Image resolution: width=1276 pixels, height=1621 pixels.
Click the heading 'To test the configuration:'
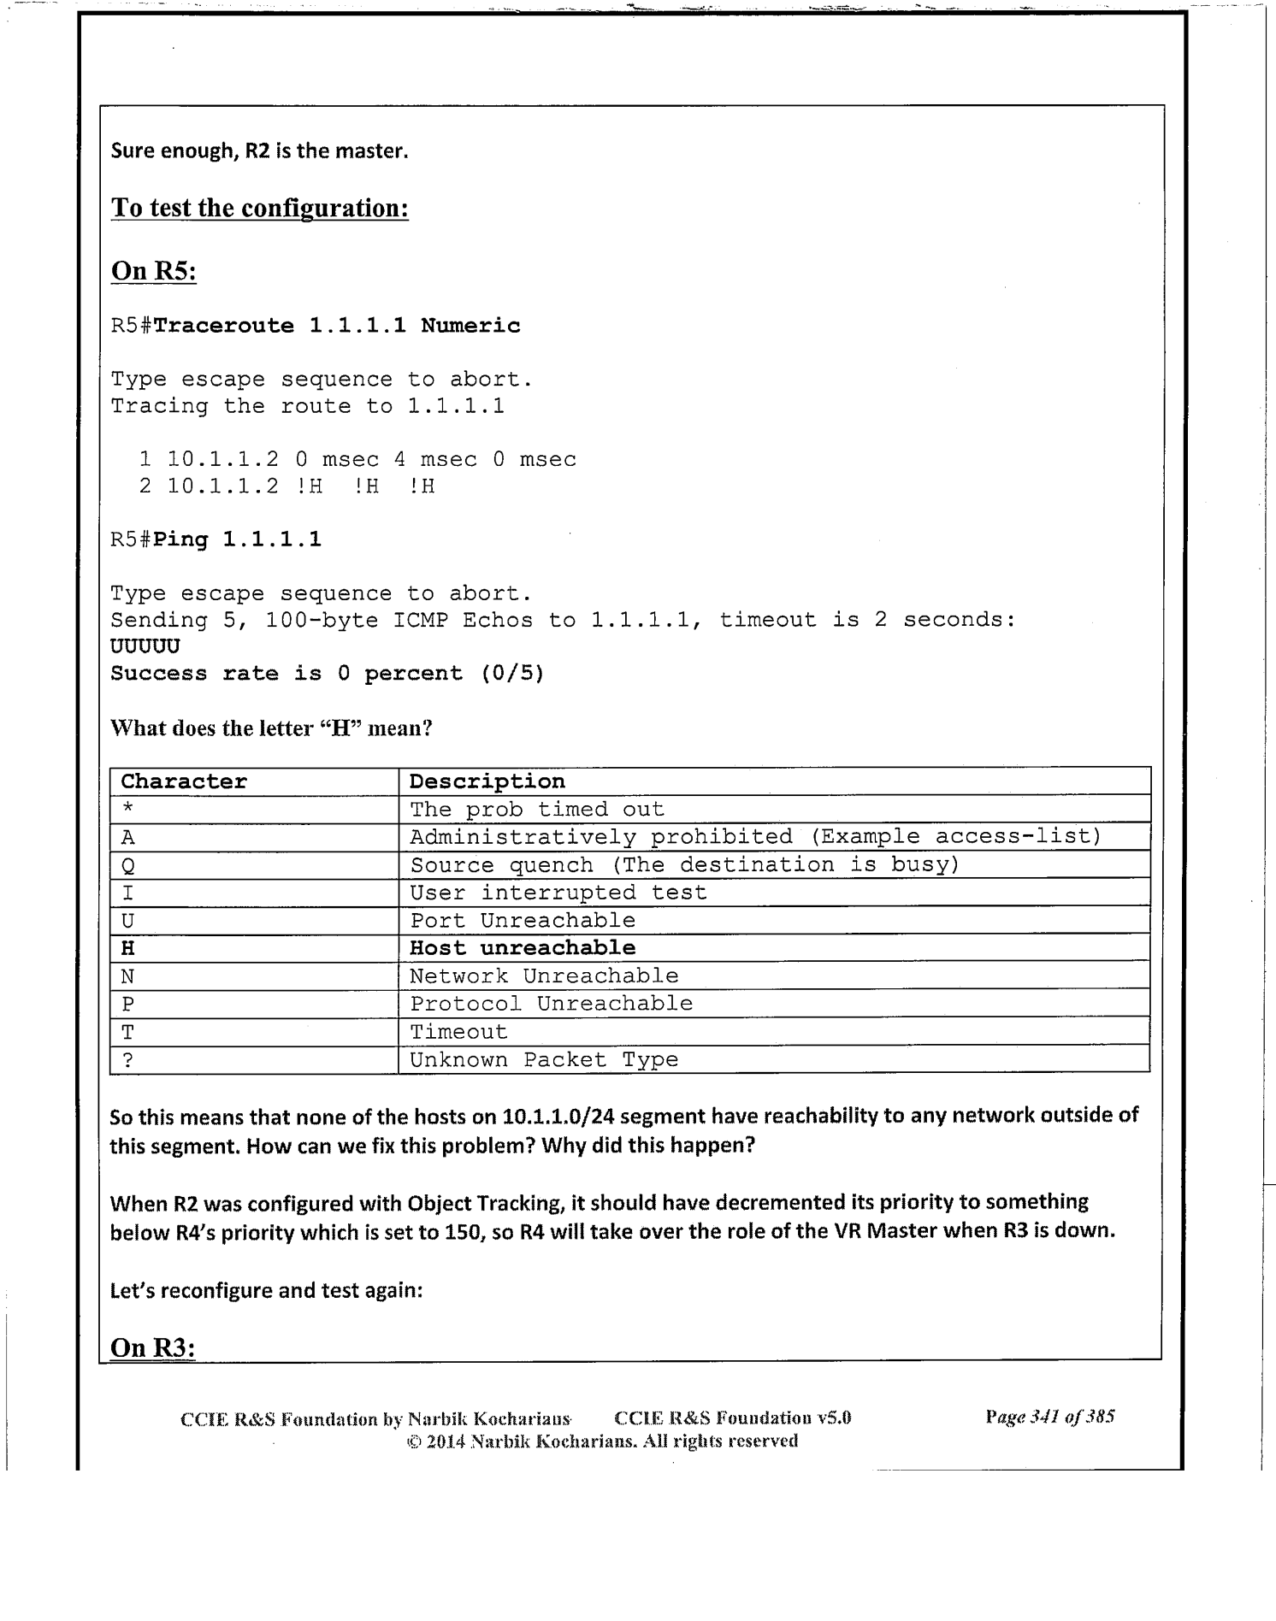(259, 209)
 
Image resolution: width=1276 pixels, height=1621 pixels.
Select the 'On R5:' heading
(154, 272)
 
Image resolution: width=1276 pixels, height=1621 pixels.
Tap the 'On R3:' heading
(153, 1347)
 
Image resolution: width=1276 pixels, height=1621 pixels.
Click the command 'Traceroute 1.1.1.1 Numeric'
(337, 326)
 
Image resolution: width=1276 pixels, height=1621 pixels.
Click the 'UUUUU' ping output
(145, 646)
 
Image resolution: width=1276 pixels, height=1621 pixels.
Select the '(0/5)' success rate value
(512, 674)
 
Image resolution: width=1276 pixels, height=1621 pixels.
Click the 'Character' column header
(184, 781)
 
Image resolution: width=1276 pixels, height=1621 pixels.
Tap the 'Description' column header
(487, 781)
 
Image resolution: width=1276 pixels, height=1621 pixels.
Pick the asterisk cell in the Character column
(127, 809)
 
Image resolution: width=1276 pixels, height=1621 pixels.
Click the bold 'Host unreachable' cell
(523, 948)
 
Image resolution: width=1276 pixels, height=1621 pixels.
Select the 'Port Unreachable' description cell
(523, 921)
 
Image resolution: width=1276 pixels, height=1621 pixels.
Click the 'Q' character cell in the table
(128, 865)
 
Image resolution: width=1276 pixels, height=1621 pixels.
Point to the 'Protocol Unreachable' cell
(552, 1004)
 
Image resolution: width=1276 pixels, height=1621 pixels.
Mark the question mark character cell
(127, 1060)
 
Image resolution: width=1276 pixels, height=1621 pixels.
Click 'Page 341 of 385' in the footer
(1049, 1417)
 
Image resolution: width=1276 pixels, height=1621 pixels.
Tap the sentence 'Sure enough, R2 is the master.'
(260, 151)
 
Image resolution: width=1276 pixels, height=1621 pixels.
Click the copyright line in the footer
(601, 1441)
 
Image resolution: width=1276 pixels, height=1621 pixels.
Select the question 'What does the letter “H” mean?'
(271, 728)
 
